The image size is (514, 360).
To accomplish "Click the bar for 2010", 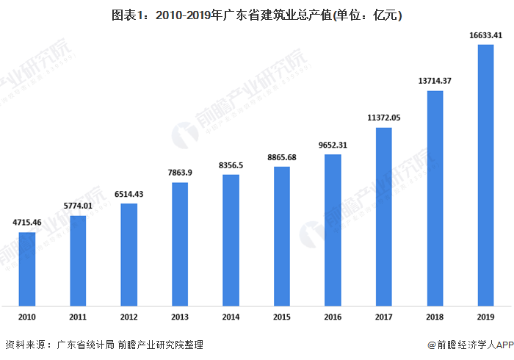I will click(x=26, y=268).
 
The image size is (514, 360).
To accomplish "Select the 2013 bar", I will click(x=180, y=243).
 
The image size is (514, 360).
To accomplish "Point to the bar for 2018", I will click(x=435, y=198).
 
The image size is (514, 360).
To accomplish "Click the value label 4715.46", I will click(x=26, y=221).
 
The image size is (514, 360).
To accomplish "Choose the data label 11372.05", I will click(x=384, y=118).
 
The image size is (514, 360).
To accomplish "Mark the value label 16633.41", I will click(x=486, y=34).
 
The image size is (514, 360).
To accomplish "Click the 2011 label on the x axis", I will click(x=78, y=317).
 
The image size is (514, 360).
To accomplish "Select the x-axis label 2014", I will click(x=231, y=317).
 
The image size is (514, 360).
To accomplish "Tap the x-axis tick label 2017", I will click(x=384, y=317).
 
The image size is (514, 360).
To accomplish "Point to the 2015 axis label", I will click(x=282, y=317).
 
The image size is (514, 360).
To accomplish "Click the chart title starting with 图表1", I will click(x=256, y=14).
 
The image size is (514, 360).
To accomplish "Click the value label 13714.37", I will click(x=435, y=79).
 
